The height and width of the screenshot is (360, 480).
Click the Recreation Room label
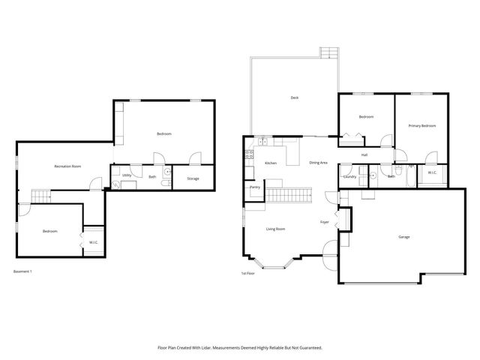pos(67,166)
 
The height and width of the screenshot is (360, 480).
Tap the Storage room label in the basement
pos(193,178)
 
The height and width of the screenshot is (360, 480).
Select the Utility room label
pos(127,175)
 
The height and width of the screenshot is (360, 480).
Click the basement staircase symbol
pos(41,196)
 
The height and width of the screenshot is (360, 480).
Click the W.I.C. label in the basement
pos(93,241)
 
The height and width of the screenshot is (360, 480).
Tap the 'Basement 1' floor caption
pos(22,271)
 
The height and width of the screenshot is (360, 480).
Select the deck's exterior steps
pos(327,53)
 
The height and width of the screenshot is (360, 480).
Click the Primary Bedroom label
pos(421,126)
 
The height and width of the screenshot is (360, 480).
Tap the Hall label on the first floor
pos(364,154)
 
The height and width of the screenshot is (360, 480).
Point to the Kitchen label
pos(271,163)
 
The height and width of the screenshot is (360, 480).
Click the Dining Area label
pos(318,163)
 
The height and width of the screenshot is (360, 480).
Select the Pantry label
pos(254,187)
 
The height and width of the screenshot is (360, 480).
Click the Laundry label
pos(349,176)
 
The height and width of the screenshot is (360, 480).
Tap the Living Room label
pos(275,229)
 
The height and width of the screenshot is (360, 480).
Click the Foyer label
pos(325,222)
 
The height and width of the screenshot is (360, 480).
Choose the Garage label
pos(403,237)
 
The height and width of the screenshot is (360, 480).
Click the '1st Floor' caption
pos(247,273)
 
